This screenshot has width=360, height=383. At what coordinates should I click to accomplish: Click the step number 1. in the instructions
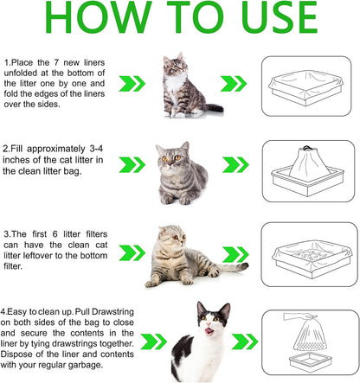pos(8,63)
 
